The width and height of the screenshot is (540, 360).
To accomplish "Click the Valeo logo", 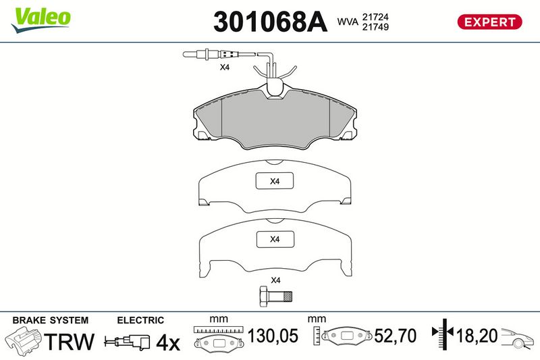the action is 40,20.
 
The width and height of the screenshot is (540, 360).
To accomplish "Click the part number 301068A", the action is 270,22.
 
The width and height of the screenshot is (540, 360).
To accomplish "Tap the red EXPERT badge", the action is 489,22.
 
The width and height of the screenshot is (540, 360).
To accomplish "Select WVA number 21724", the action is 375,17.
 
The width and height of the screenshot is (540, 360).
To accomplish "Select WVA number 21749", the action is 375,27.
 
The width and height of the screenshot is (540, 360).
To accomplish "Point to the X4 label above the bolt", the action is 275,280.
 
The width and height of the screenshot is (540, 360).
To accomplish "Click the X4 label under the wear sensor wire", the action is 225,67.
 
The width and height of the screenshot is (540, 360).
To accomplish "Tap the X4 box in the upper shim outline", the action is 275,181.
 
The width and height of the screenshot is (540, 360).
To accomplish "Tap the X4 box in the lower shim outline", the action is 275,239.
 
